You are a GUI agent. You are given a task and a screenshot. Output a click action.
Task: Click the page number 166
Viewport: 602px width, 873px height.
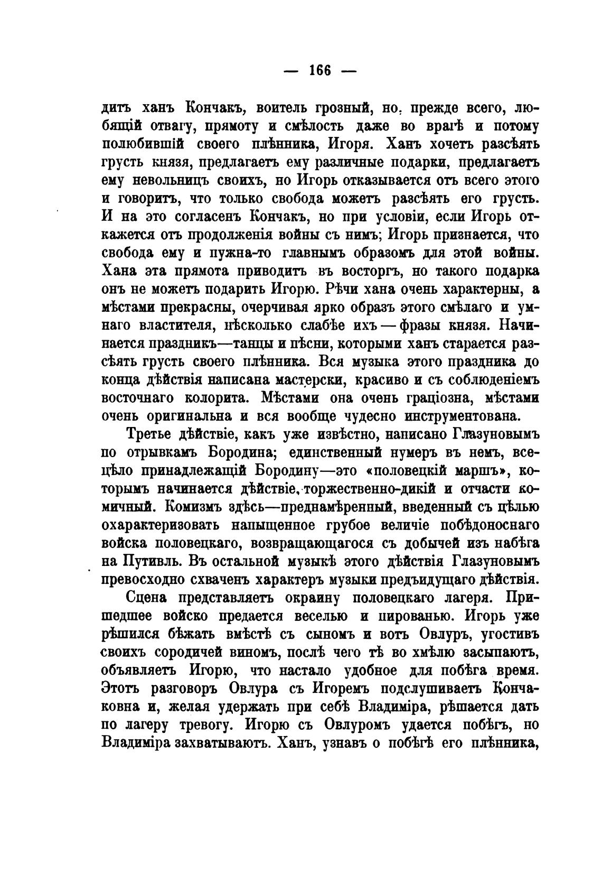pos(319,70)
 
